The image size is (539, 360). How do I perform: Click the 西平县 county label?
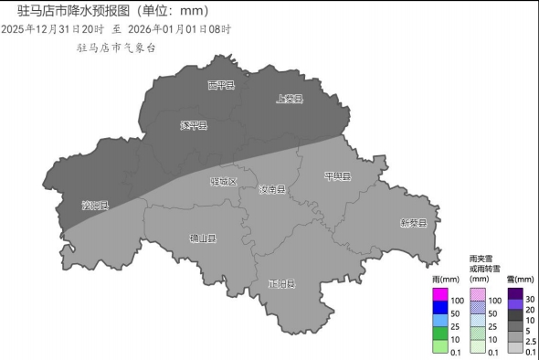coord(221,85)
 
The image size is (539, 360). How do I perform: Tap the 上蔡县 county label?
coord(290,98)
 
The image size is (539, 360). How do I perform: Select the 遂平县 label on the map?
coord(194,125)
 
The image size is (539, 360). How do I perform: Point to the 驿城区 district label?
coord(224,181)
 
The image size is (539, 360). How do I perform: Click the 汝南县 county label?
coord(271,189)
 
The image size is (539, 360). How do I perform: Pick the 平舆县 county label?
coord(338,175)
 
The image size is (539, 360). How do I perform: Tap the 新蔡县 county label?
coord(413,222)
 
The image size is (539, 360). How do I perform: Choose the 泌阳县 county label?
coord(95,205)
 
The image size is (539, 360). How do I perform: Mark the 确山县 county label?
coord(203,238)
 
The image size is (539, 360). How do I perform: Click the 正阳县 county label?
coord(282,283)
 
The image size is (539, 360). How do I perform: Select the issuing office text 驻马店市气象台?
coord(116,47)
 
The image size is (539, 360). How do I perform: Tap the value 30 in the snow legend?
coord(531,300)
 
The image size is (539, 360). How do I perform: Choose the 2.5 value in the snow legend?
coord(531,340)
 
